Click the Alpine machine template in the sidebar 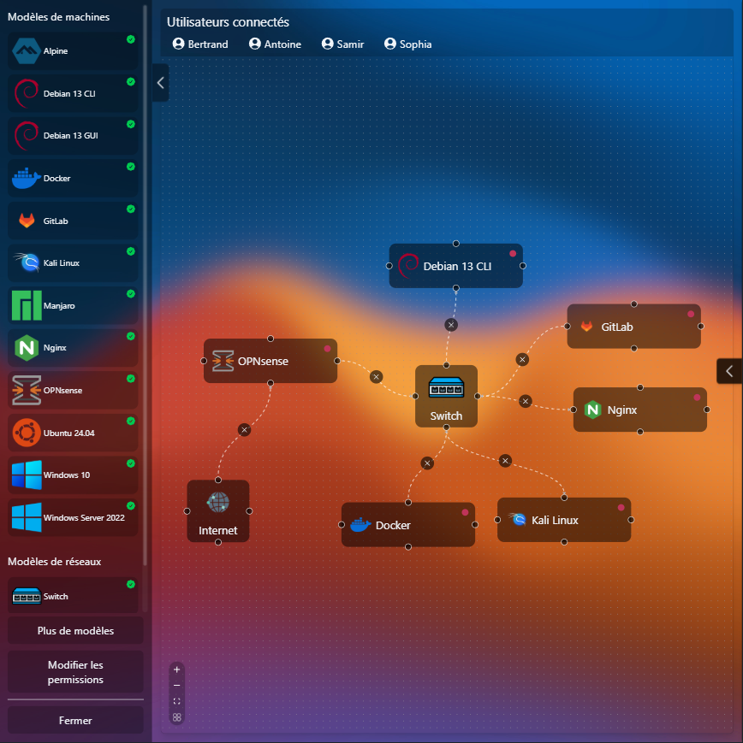point(73,51)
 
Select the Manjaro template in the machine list point(73,305)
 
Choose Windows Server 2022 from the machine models point(73,517)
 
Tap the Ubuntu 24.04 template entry point(73,433)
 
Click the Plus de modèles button point(75,631)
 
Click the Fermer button point(75,720)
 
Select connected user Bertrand point(200,44)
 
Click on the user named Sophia point(408,44)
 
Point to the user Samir point(342,44)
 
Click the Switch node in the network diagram point(446,396)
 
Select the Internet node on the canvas point(218,510)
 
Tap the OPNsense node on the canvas point(270,361)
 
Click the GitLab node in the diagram point(634,326)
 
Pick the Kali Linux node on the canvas point(564,520)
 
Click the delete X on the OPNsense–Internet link point(244,430)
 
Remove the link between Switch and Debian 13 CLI point(451,325)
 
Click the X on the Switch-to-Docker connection point(427,463)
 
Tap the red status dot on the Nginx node point(697,398)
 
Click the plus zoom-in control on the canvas point(177,669)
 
